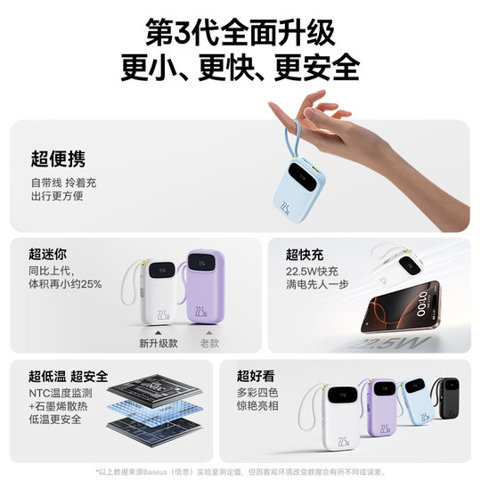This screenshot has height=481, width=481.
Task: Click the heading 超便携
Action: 58,159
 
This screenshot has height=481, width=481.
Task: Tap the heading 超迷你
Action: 49,254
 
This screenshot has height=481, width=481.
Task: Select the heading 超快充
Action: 305,254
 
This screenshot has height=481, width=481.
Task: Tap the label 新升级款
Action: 159,342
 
